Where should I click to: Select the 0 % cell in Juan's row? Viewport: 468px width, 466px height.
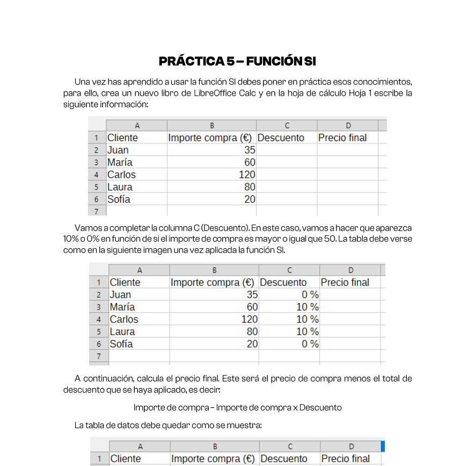point(310,295)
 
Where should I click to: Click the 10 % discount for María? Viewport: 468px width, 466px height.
point(308,307)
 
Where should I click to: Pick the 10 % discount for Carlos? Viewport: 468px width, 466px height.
point(308,319)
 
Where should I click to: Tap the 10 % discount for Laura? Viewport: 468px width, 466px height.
point(308,332)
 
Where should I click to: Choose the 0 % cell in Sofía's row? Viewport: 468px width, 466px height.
point(310,344)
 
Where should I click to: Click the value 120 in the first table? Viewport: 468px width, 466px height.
point(247,175)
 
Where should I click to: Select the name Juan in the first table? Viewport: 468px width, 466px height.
point(118,150)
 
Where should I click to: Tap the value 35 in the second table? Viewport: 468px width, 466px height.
point(252,295)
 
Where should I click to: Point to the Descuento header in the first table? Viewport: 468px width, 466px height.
point(281,138)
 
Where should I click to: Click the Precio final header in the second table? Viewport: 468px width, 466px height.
point(345,282)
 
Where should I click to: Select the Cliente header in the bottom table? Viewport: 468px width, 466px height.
point(126,458)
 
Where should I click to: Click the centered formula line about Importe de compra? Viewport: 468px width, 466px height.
point(237,407)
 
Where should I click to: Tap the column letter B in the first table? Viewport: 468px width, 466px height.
point(212,125)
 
